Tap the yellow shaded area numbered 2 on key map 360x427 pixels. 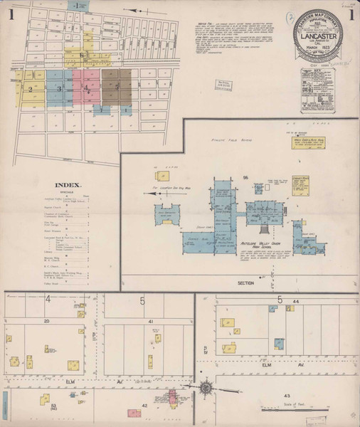tap(31, 89)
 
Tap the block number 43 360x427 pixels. tap(287, 395)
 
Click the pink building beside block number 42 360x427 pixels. tap(134, 413)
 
